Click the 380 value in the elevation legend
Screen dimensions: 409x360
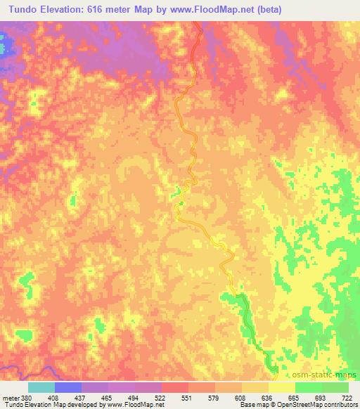pos(22,397)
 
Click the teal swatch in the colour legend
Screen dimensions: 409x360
pos(41,387)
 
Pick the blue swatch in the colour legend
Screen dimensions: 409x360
pos(67,387)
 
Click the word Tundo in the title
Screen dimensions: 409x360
pos(18,8)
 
